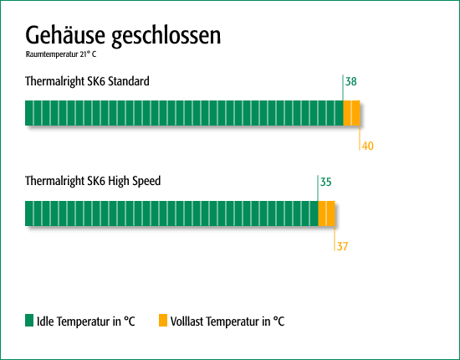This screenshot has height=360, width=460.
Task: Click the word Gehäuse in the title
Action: (x=65, y=34)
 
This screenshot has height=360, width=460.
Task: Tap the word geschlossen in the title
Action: (x=166, y=36)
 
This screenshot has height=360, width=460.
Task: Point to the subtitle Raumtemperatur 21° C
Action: (x=61, y=54)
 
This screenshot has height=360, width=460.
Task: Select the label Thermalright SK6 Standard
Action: (x=87, y=81)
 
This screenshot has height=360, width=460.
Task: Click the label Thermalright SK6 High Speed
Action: (x=93, y=181)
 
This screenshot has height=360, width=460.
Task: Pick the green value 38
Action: (x=351, y=82)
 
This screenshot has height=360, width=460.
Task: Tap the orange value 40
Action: (x=368, y=146)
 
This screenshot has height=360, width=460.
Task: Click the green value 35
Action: (x=325, y=182)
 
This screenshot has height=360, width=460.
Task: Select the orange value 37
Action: (x=342, y=246)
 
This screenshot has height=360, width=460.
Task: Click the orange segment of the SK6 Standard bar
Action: (x=352, y=113)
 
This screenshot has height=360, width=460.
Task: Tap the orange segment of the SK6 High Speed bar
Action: (x=326, y=213)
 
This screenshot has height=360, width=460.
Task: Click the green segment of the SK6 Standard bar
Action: (x=184, y=113)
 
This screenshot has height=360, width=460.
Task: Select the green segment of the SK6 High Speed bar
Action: (x=171, y=213)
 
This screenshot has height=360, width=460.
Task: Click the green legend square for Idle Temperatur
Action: (x=29, y=321)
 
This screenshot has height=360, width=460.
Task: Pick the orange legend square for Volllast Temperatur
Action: (x=163, y=321)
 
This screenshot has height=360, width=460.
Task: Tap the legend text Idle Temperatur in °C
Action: (x=86, y=321)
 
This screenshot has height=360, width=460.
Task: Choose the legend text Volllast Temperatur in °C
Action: (x=227, y=321)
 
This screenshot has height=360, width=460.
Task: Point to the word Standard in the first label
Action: (x=129, y=81)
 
